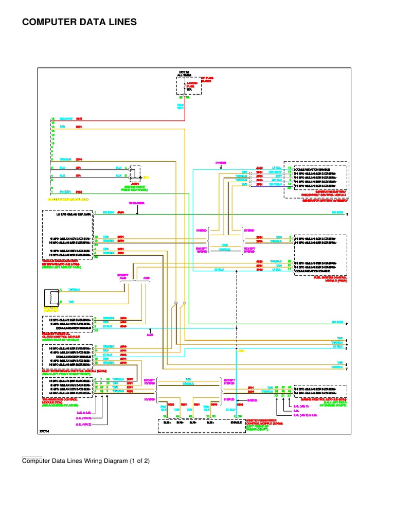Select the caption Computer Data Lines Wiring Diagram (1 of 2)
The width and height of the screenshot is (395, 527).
(x=85, y=461)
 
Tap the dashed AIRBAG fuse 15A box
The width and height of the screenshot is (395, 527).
(x=189, y=86)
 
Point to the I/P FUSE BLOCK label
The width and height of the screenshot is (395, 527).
(x=207, y=80)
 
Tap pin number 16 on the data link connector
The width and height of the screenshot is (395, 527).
(x=52, y=119)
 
